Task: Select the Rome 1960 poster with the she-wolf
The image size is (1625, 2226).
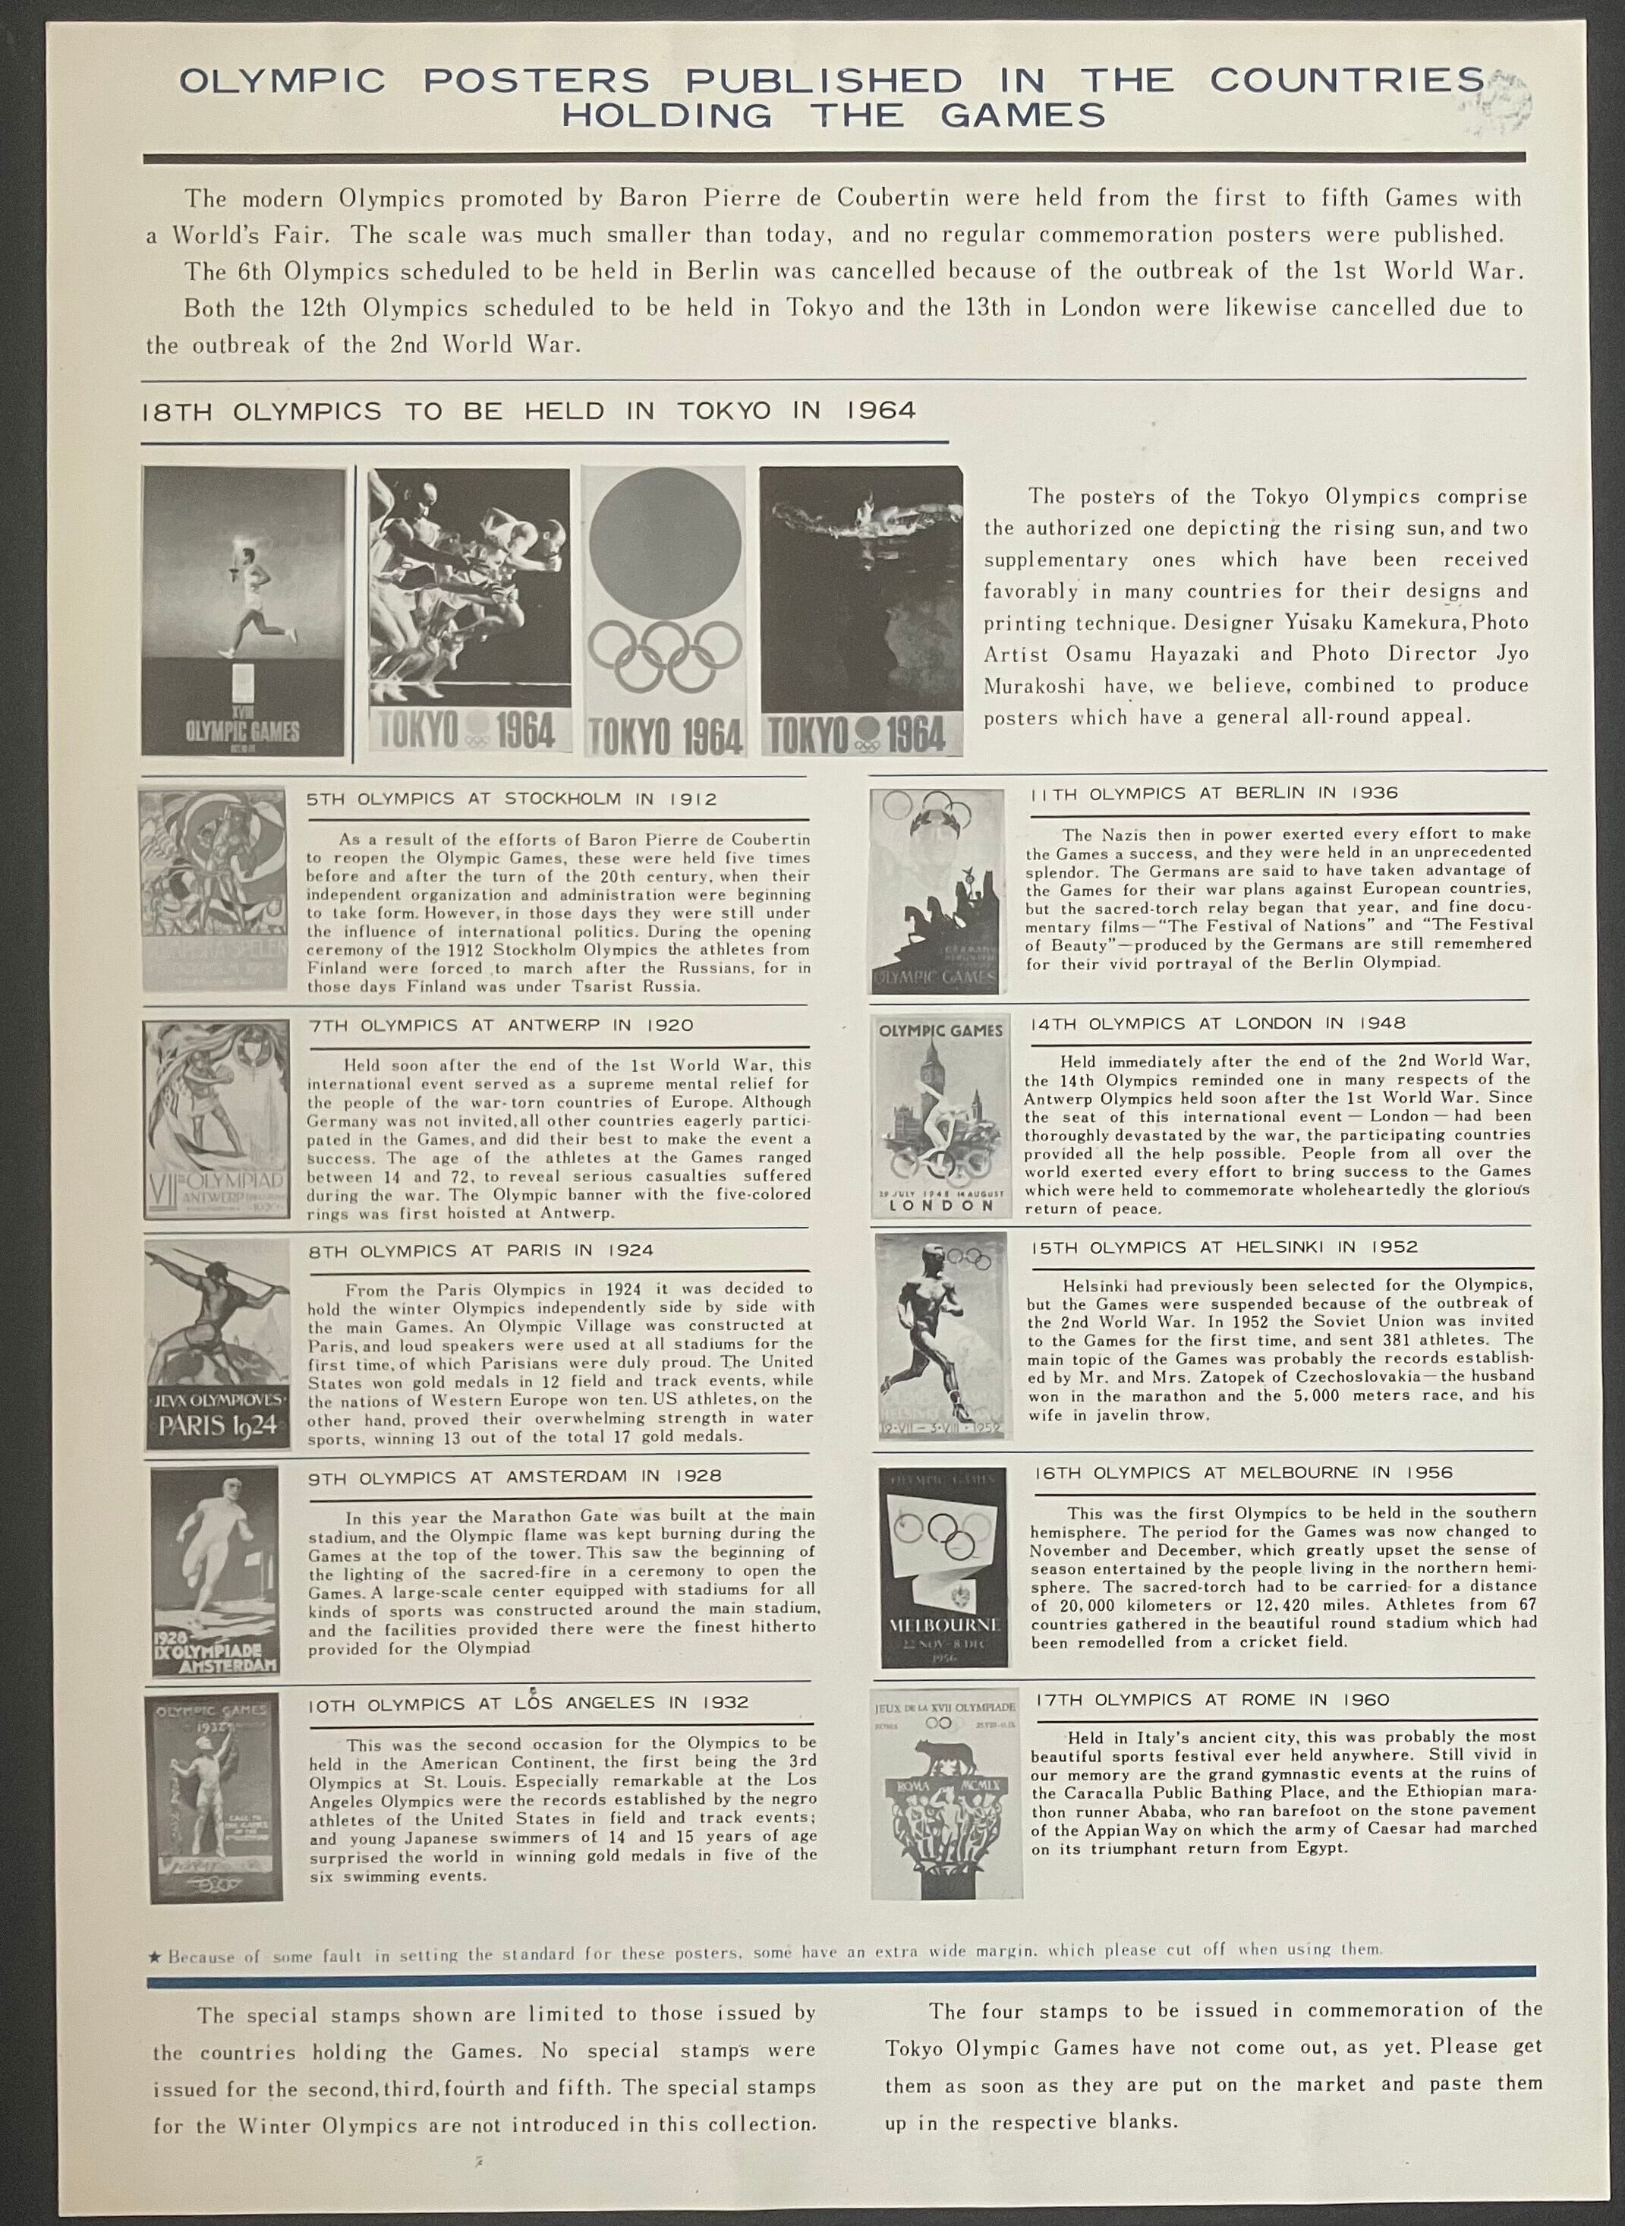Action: [x=945, y=1794]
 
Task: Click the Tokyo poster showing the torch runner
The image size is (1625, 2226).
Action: [x=243, y=611]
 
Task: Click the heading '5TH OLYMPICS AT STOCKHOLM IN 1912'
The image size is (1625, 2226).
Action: [x=512, y=799]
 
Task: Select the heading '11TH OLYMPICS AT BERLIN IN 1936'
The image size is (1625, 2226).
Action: [x=1214, y=793]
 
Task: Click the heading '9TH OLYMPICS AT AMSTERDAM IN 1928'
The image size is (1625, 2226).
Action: [x=515, y=1475]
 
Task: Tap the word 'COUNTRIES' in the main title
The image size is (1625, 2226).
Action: [x=1346, y=80]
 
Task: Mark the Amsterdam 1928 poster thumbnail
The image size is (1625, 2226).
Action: [x=215, y=1572]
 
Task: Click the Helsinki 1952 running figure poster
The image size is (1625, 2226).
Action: [x=941, y=1335]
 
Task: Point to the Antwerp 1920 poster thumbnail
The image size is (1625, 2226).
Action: [x=216, y=1118]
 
